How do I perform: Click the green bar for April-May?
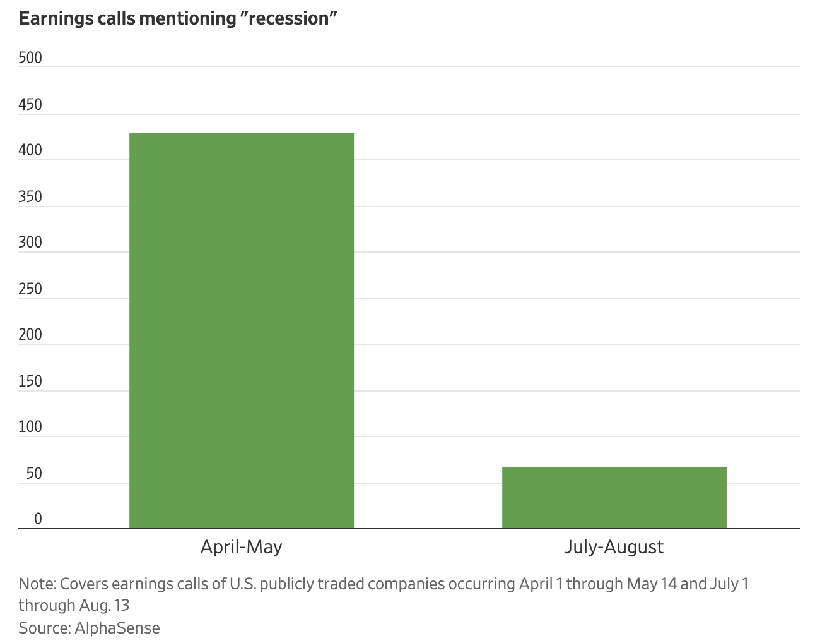pyautogui.click(x=241, y=330)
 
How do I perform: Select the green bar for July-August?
pyautogui.click(x=614, y=497)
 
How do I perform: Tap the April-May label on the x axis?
pyautogui.click(x=241, y=546)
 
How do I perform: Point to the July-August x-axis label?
pyautogui.click(x=614, y=546)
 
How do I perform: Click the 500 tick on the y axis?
pyautogui.click(x=30, y=58)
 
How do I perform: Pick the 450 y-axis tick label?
pyautogui.click(x=30, y=104)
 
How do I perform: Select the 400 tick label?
pyautogui.click(x=30, y=150)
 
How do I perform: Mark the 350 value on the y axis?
pyautogui.click(x=30, y=196)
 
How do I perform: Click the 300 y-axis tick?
pyautogui.click(x=30, y=243)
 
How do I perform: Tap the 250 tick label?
pyautogui.click(x=30, y=289)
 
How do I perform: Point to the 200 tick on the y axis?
pyautogui.click(x=30, y=335)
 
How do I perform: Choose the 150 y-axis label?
pyautogui.click(x=30, y=381)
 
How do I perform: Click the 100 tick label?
pyautogui.click(x=30, y=427)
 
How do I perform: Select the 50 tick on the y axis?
pyautogui.click(x=34, y=473)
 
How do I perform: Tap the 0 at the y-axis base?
pyautogui.click(x=38, y=519)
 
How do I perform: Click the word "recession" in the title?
pyautogui.click(x=290, y=18)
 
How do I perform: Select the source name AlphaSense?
pyautogui.click(x=117, y=628)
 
